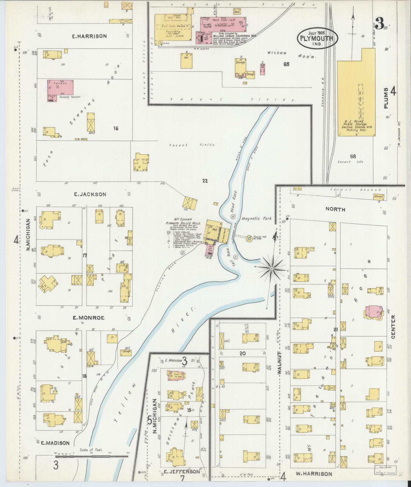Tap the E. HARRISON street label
[89, 36]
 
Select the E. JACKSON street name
[90, 194]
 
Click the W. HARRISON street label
[314, 474]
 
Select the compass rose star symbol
[272, 269]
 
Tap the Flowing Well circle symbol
[249, 239]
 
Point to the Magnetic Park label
[257, 218]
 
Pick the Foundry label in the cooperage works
[173, 32]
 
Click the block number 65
[286, 64]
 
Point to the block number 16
[116, 128]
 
